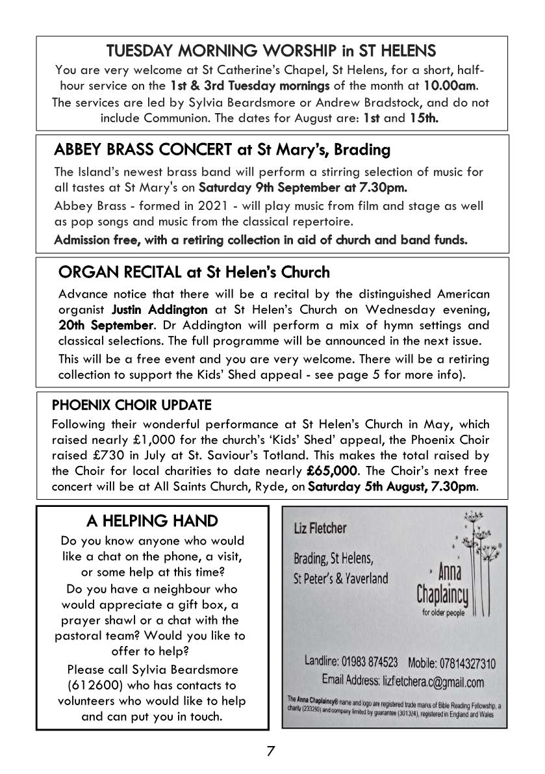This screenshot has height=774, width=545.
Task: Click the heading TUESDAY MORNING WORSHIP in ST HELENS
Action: coord(272,50)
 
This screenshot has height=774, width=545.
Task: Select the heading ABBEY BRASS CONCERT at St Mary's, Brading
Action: coord(222,150)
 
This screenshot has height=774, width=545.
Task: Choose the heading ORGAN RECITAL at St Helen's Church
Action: coord(194,271)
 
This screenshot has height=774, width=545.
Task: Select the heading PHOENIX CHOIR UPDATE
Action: coord(132,405)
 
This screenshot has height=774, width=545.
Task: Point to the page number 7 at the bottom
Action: coord(271,751)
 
